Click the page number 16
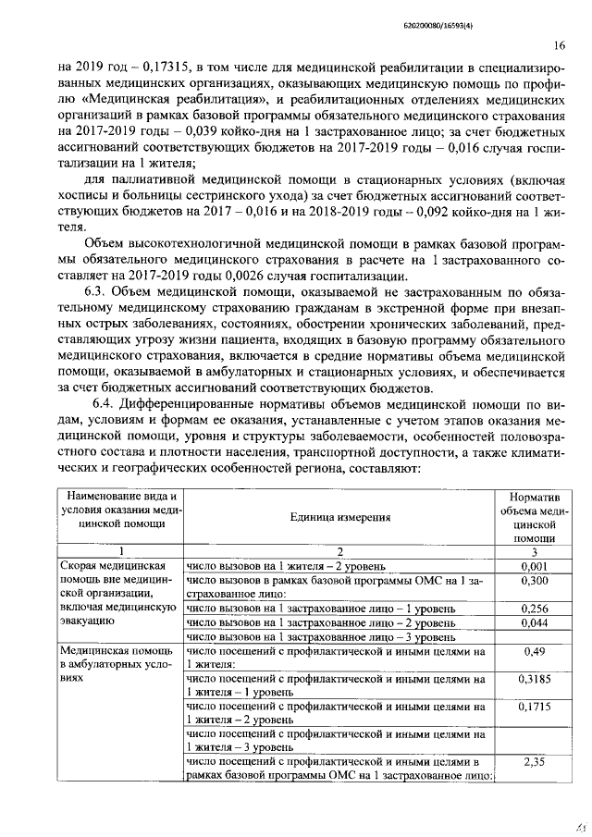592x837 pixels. pyautogui.click(x=560, y=44)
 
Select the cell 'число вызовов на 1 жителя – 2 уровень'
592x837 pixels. pyautogui.click(x=293, y=565)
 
